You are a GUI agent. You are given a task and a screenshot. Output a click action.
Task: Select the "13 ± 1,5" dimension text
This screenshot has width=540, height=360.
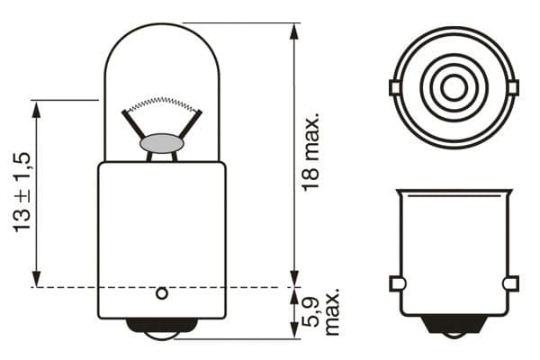(x=23, y=193)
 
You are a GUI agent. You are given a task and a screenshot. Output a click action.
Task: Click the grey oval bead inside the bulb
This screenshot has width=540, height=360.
(x=162, y=143)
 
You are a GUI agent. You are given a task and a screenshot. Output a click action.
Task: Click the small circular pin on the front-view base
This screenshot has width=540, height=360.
(x=162, y=293)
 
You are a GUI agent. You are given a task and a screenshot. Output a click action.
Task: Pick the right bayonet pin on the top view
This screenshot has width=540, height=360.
(x=512, y=87)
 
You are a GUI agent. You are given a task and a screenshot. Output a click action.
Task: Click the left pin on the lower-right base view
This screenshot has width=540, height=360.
(x=395, y=283)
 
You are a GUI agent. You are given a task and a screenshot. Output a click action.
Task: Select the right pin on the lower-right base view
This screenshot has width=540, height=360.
(x=510, y=283)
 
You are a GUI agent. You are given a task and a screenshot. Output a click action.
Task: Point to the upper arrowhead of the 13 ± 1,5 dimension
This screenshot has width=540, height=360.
(x=37, y=107)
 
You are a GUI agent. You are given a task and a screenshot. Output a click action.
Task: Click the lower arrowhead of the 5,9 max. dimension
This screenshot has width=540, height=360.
(x=294, y=333)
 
